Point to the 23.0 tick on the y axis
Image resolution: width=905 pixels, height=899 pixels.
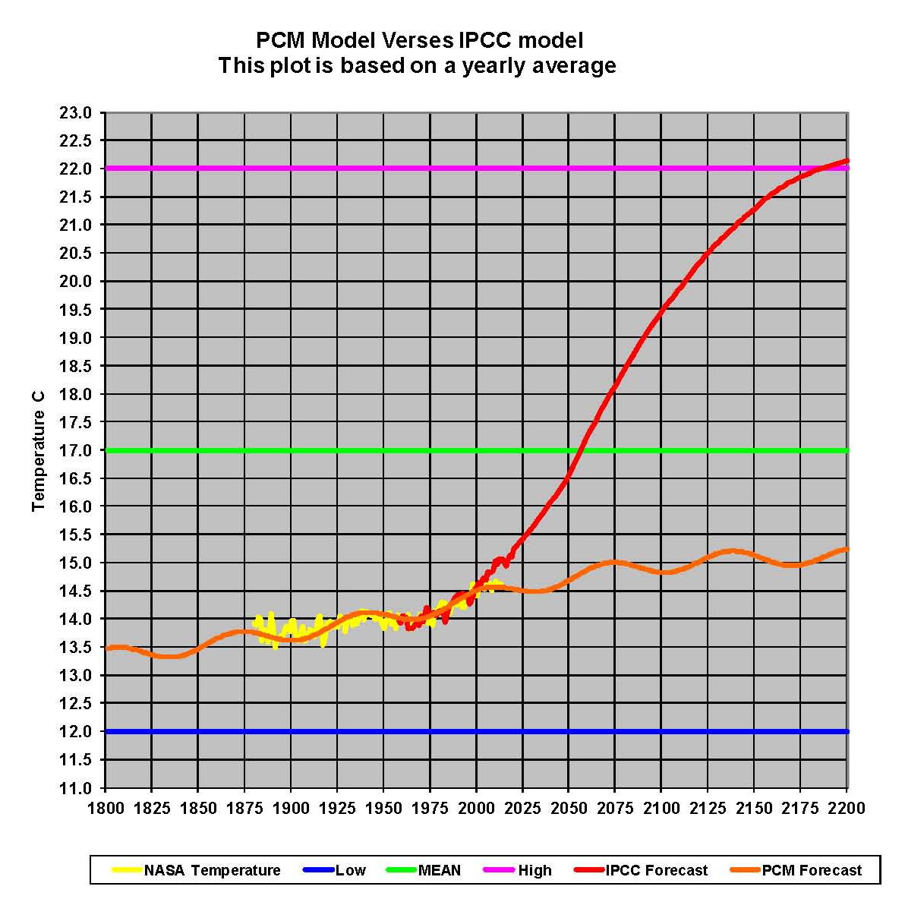click(x=75, y=112)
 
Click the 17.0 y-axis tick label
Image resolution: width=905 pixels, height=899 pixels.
click(x=75, y=450)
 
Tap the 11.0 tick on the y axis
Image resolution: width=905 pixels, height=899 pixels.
click(x=75, y=788)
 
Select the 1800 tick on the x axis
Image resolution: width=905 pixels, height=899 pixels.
click(x=106, y=808)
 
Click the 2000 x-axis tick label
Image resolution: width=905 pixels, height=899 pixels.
click(x=476, y=808)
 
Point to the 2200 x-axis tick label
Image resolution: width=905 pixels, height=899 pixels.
click(x=847, y=808)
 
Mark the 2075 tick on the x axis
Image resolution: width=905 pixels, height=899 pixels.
click(x=615, y=808)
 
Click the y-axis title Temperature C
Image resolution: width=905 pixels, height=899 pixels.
click(x=39, y=451)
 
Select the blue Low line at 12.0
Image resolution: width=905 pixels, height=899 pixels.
click(x=380, y=731)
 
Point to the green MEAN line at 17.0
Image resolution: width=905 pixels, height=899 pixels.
click(x=304, y=450)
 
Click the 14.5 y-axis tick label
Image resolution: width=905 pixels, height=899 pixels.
click(x=75, y=591)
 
